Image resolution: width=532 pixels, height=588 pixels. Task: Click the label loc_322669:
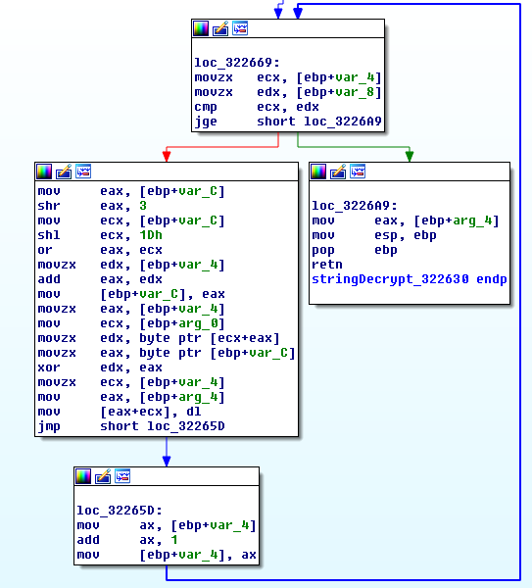click(x=237, y=63)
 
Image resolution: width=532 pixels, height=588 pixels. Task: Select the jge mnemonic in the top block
click(x=206, y=122)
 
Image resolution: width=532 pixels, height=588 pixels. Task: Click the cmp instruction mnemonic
click(x=206, y=107)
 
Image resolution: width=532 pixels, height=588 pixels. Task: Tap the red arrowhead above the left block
click(x=167, y=156)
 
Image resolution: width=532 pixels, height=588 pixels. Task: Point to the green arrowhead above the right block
click(x=410, y=156)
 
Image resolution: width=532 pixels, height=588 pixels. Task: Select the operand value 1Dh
click(x=151, y=235)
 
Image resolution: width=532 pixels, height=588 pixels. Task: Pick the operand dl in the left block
click(x=194, y=412)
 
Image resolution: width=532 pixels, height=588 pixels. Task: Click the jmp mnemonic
click(x=49, y=426)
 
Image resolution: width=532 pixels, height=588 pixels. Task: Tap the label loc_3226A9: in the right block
click(x=355, y=206)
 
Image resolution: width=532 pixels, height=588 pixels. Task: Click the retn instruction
click(x=327, y=265)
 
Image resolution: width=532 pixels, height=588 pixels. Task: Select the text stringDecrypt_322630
click(x=390, y=279)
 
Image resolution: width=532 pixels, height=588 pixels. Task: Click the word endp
click(x=492, y=279)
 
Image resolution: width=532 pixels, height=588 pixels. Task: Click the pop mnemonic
click(x=323, y=250)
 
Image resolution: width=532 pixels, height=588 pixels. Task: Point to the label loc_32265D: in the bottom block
click(x=120, y=511)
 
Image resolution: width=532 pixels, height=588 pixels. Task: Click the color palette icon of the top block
click(x=201, y=28)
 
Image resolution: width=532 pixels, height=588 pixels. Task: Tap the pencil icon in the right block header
click(x=338, y=171)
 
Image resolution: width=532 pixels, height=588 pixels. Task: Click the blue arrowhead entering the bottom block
click(x=167, y=461)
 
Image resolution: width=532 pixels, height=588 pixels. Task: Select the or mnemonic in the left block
click(x=45, y=250)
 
